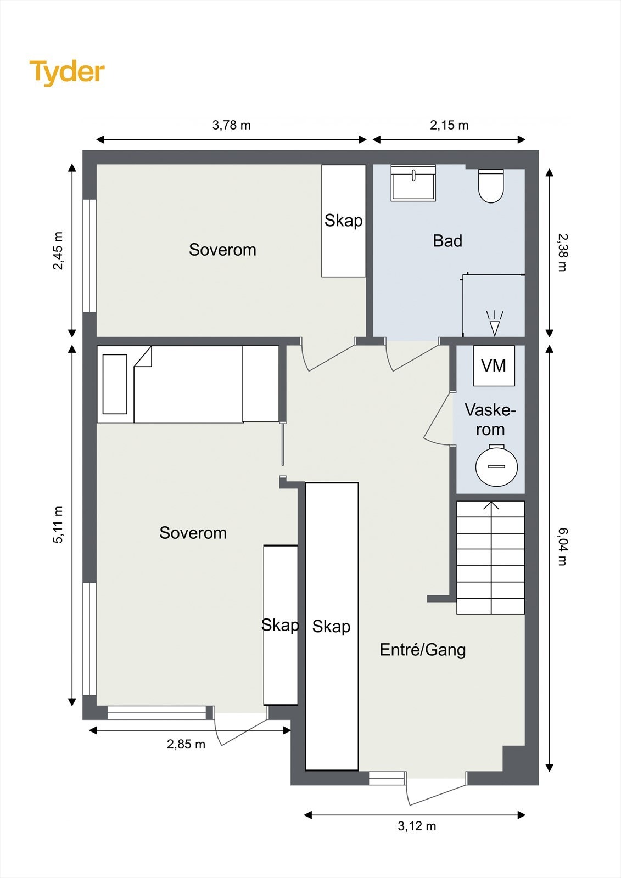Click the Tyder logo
67,73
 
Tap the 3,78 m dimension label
232,125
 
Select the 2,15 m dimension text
449,125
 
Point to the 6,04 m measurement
562,547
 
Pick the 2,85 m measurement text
186,744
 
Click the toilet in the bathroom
491,186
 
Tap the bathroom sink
413,183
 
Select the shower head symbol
495,323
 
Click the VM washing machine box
494,365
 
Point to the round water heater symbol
496,465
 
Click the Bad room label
447,241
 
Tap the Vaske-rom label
490,420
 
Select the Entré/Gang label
423,650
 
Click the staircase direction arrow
491,506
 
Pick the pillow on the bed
115,384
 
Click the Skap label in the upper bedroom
343,221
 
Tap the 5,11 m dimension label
58,525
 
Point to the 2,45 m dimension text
58,251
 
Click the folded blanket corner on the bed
143,357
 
